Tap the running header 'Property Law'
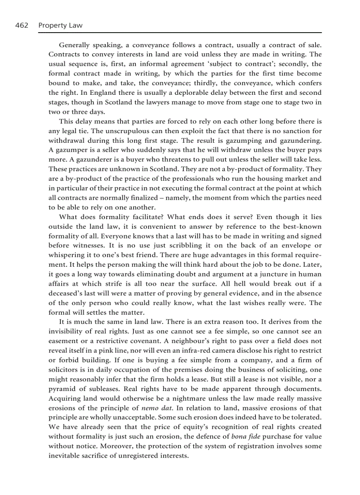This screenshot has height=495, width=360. (x=60, y=26)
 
